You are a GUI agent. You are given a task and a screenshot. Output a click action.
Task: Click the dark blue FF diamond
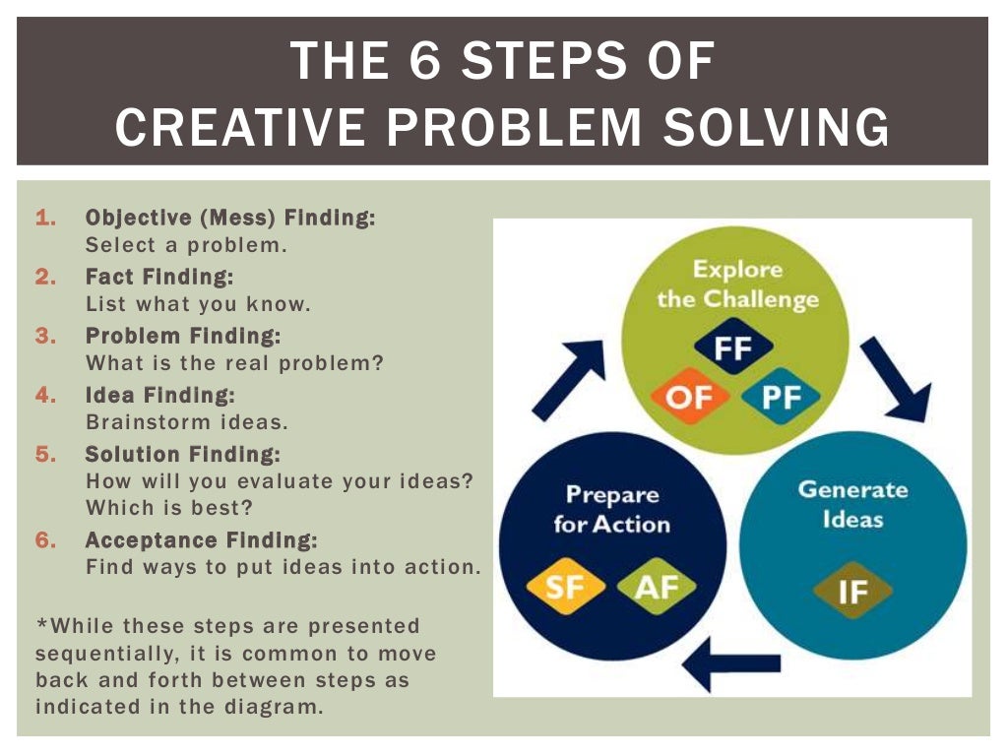coord(733,347)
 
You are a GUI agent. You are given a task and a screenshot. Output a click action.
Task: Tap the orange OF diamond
coord(689,399)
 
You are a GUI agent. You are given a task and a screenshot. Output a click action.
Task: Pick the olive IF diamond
coord(852,591)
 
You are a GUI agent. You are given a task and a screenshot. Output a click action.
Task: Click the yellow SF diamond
coord(565,587)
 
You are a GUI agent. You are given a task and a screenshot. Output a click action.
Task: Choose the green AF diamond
coord(656,587)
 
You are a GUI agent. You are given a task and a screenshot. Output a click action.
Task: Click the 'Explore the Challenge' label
coord(737,283)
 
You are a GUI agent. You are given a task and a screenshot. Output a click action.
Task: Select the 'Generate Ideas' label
coord(852,503)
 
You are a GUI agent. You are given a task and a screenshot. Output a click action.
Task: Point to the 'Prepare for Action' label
coord(611,509)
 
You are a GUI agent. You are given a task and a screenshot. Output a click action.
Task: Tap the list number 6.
coord(44,540)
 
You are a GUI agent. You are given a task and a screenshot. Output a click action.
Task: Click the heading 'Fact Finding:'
coord(159,278)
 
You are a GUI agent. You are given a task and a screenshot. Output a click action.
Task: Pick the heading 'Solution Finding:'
coord(182,455)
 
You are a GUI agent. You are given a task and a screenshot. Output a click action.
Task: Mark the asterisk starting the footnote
coord(41,624)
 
